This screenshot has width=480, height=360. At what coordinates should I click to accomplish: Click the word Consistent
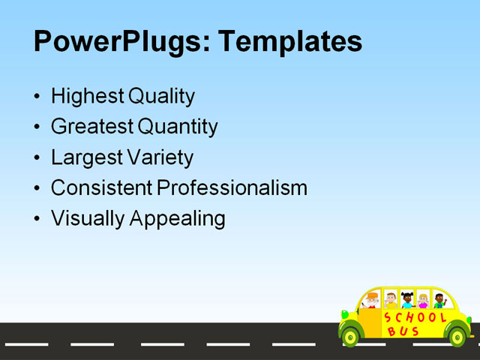(101, 188)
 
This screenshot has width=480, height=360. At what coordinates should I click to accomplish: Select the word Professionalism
(232, 188)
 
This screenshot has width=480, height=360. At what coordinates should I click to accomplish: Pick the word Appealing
(178, 219)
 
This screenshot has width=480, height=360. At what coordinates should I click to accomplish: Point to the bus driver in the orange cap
(373, 301)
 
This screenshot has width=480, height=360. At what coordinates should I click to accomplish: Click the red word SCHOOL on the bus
(415, 318)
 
